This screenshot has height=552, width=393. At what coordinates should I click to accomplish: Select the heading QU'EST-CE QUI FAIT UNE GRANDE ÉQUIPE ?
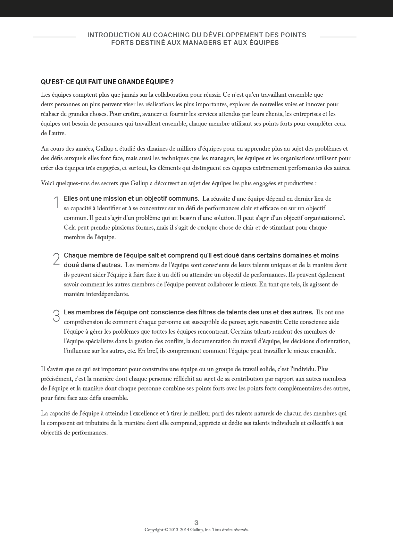coord(107,82)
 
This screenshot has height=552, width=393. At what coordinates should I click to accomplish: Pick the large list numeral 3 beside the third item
coord(56,316)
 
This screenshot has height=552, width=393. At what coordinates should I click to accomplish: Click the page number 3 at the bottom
coord(196,523)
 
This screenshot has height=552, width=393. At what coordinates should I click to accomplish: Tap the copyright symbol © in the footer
coord(166,530)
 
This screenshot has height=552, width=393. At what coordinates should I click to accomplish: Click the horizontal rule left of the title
coord(54,37)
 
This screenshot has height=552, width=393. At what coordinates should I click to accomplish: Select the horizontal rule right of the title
coord(338,37)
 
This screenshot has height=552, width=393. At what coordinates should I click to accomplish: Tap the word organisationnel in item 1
coord(324,218)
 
